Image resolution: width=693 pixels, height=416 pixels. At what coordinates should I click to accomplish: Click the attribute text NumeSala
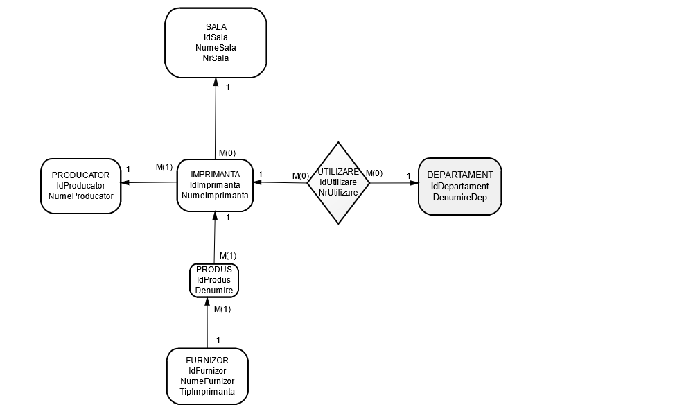(216, 48)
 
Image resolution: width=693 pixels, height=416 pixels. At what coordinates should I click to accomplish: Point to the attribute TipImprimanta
(207, 392)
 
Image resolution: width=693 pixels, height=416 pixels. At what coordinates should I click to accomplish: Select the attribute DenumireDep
(459, 197)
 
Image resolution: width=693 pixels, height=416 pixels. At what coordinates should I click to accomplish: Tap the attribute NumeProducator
(80, 196)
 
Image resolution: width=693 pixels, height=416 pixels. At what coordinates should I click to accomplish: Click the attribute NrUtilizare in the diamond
(338, 192)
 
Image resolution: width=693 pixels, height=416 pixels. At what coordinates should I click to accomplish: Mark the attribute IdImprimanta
(215, 185)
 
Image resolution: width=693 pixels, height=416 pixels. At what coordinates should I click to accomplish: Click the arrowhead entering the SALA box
(216, 81)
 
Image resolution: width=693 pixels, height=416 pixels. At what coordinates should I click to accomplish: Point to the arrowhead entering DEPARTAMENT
(414, 184)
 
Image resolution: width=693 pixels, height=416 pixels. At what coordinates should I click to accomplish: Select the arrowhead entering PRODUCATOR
(125, 183)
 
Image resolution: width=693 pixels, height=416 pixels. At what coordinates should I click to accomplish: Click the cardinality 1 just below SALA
(228, 87)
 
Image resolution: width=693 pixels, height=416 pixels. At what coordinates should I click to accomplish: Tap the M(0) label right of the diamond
(374, 173)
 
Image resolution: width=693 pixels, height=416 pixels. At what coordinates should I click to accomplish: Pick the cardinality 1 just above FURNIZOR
(218, 340)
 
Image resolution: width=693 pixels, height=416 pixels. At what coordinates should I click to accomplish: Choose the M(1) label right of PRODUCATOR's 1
(164, 167)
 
